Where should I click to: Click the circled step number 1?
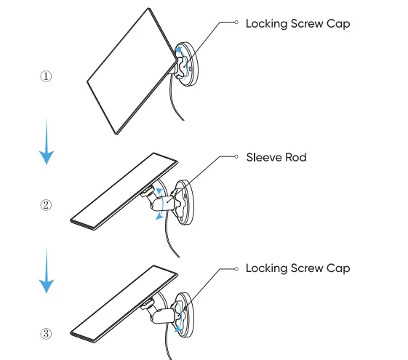click(x=46, y=76)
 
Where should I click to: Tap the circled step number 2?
click(x=46, y=205)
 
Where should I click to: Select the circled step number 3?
click(x=46, y=334)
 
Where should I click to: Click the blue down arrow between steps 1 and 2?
click(x=47, y=141)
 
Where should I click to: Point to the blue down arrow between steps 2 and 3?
click(x=47, y=271)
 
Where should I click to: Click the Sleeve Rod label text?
click(x=276, y=157)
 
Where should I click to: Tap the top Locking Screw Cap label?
click(x=298, y=24)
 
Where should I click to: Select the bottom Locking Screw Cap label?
click(x=298, y=268)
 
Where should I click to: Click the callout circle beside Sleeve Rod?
click(x=236, y=156)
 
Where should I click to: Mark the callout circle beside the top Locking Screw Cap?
click(x=236, y=23)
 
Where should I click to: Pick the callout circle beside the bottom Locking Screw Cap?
click(x=236, y=269)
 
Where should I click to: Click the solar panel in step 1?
click(x=132, y=71)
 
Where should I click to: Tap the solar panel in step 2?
click(x=124, y=191)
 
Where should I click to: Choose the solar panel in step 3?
click(x=124, y=304)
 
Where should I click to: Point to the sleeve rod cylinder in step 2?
click(x=163, y=203)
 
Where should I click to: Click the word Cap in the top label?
click(x=338, y=24)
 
